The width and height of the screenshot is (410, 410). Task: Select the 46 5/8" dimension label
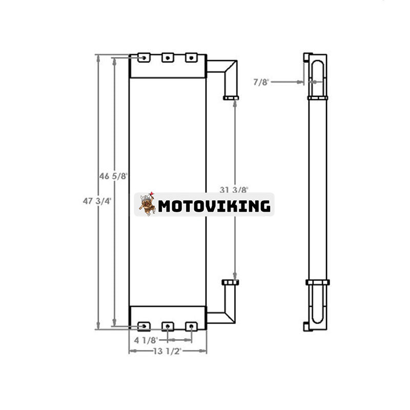point(114,176)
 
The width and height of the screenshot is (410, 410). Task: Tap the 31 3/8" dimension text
point(234,190)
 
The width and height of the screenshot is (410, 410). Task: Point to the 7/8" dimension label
point(261,81)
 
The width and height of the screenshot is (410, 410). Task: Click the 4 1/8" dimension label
point(146,339)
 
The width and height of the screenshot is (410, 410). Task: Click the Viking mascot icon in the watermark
point(147,204)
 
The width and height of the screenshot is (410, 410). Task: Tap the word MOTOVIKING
point(214,206)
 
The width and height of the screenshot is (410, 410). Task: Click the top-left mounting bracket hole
point(145,58)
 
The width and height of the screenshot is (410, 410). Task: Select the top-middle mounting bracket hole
point(168,58)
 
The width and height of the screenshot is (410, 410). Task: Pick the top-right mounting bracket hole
point(191,58)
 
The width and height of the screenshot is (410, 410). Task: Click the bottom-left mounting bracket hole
point(145,325)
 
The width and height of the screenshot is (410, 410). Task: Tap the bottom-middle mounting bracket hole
point(168,325)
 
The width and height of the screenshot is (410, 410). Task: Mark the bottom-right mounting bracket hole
point(191,325)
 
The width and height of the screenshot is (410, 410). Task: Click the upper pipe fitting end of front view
point(231,97)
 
